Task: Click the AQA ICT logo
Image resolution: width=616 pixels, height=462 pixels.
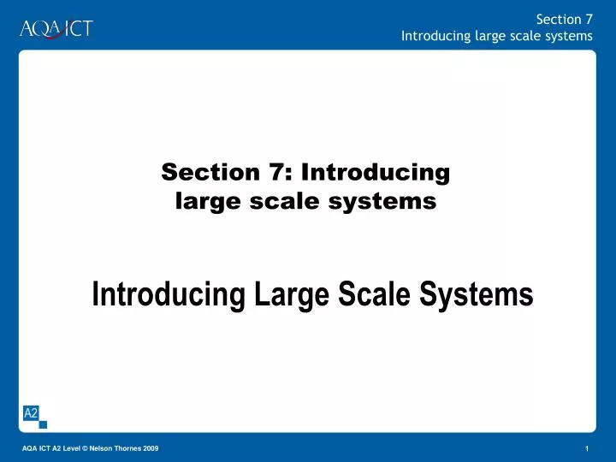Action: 56,28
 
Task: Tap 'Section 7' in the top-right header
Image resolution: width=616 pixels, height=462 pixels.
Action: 564,20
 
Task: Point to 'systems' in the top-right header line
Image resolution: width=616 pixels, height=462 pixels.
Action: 569,36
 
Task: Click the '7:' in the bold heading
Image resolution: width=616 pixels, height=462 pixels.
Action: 280,172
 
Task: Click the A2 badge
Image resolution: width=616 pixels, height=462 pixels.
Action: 31,413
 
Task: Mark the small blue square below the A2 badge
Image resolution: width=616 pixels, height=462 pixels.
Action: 44,424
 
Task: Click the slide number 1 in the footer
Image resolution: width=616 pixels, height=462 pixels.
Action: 588,450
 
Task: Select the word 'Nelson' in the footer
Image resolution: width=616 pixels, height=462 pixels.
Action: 100,450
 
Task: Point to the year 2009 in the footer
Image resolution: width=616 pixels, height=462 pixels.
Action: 151,450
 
